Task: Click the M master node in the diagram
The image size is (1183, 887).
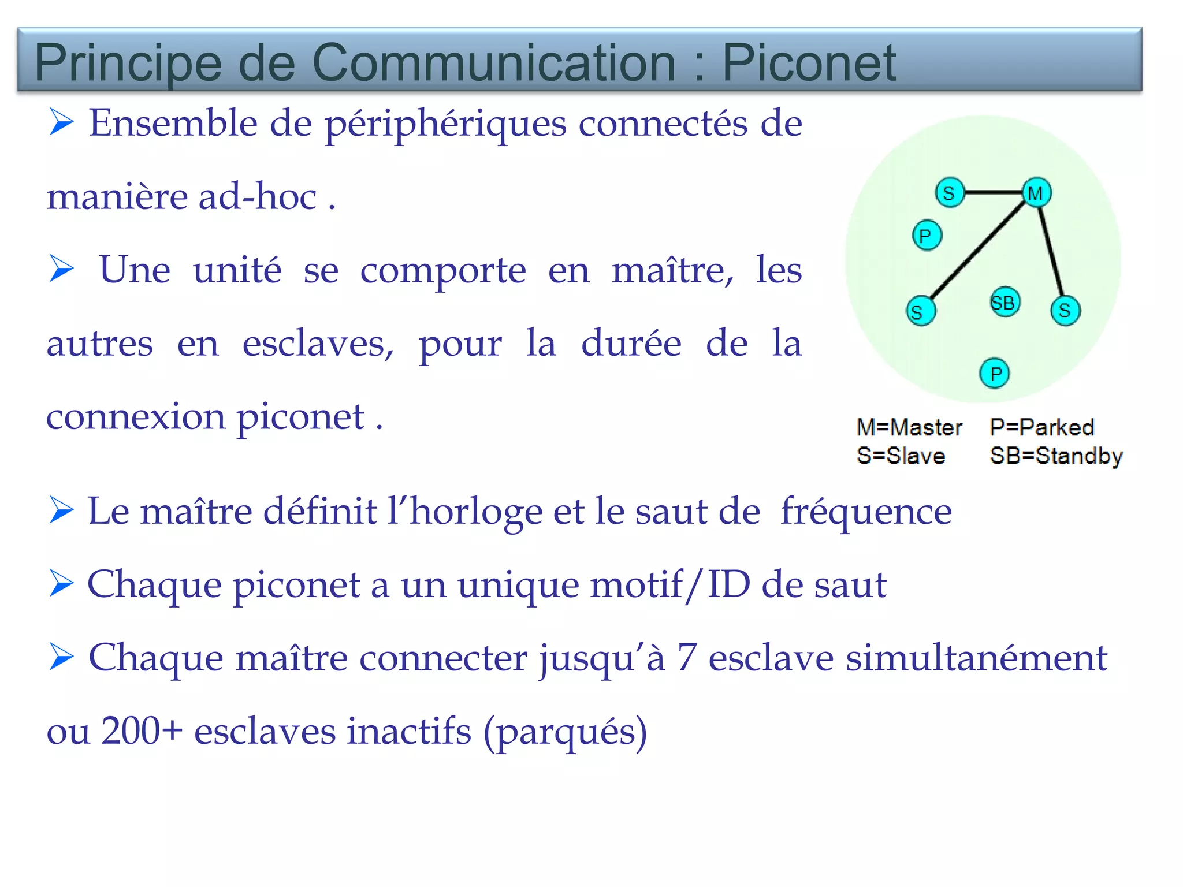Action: coord(1036,192)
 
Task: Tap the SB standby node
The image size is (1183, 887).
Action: coord(1005,302)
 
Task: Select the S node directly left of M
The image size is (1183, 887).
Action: coord(950,192)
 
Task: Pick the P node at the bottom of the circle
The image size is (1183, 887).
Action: coord(995,374)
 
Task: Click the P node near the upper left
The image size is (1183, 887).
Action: coord(927,236)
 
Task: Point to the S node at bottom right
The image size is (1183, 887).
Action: coord(1065,311)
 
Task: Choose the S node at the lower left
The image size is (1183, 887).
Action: coord(920,311)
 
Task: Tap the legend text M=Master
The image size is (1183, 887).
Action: coord(909,427)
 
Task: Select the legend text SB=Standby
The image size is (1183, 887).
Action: coord(1056,456)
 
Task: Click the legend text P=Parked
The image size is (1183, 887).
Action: coord(1041,427)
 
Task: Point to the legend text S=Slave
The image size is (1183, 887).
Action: coord(901,456)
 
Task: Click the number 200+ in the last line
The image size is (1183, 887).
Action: coord(142,731)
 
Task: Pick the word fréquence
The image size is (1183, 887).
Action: coord(866,512)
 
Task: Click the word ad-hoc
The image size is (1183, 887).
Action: coord(258,196)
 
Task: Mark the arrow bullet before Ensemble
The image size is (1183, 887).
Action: coord(61,122)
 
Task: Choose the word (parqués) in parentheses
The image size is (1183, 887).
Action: coord(565,732)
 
